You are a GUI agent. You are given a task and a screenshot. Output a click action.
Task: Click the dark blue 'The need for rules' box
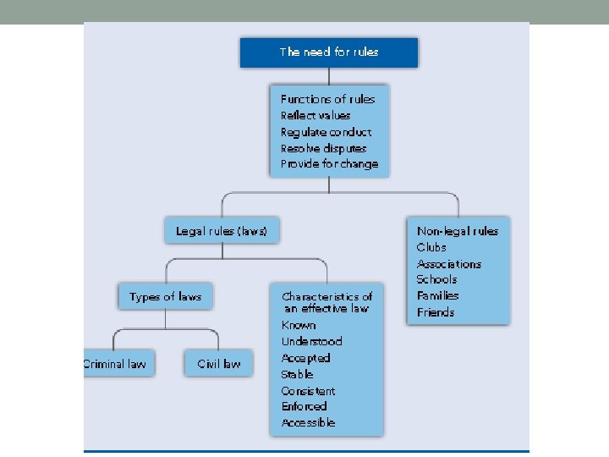click(329, 52)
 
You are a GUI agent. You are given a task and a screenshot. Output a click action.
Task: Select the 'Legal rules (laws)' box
click(222, 231)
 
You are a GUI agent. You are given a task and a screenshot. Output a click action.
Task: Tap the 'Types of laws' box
click(165, 297)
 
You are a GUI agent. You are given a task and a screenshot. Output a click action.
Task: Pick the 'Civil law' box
click(219, 364)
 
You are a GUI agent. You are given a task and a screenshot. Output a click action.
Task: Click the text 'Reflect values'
click(315, 115)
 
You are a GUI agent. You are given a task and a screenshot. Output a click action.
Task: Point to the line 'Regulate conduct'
click(326, 132)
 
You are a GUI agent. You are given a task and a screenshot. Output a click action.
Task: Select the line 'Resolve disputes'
click(323, 148)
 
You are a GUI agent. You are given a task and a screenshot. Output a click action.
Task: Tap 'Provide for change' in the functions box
click(329, 164)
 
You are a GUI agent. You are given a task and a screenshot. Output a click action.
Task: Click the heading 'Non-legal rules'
click(458, 231)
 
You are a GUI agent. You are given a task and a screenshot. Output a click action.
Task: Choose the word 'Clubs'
click(431, 247)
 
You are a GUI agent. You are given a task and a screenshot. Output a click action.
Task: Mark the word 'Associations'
click(449, 264)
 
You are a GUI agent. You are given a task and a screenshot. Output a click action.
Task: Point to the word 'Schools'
click(436, 279)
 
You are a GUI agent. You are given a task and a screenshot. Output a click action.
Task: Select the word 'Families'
click(438, 295)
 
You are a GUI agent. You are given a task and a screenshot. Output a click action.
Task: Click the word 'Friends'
click(436, 312)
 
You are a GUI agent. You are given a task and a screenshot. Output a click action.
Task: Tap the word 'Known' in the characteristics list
click(299, 325)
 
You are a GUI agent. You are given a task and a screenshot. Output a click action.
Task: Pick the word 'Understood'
click(312, 341)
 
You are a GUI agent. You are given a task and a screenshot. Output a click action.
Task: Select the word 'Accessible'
click(308, 422)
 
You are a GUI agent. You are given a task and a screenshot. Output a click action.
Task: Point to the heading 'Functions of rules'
click(327, 99)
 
